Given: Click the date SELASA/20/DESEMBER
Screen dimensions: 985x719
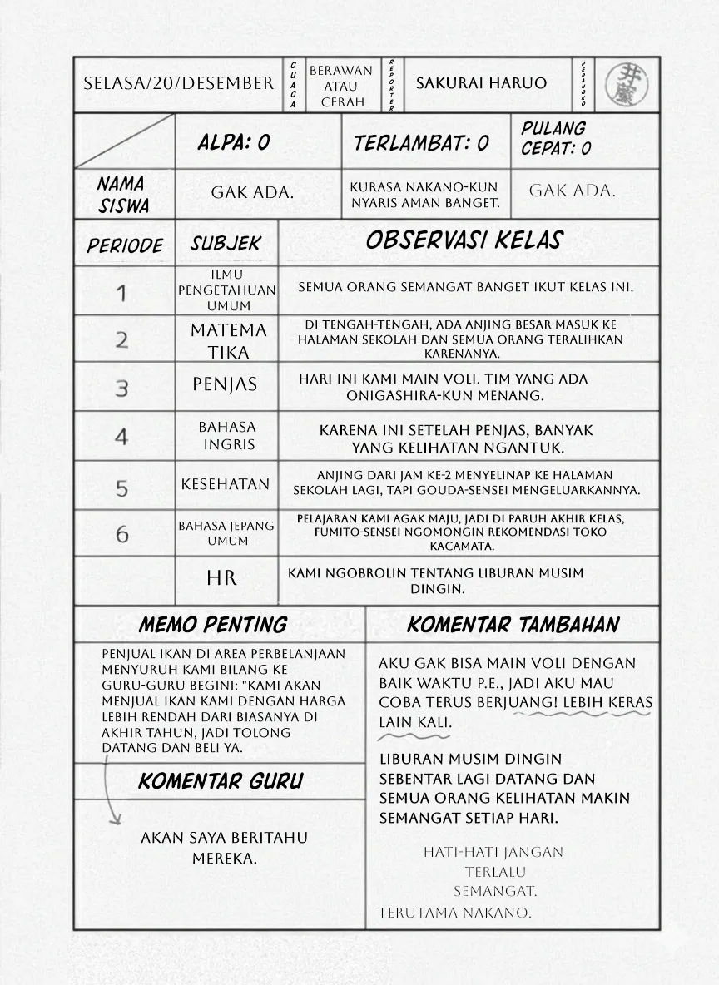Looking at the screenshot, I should (179, 83).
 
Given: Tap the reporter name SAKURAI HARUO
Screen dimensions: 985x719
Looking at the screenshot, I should (481, 83).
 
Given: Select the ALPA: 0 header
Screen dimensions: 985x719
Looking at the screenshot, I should (234, 142).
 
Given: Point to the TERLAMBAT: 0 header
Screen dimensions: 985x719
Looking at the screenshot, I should (421, 143).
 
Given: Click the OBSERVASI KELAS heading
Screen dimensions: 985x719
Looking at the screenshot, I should (464, 240).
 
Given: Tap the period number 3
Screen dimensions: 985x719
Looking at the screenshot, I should (122, 389).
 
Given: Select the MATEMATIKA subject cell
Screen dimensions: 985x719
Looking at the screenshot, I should (228, 340).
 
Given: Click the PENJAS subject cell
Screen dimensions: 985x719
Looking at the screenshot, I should (225, 384).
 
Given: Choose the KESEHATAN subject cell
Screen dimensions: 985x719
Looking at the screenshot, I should (226, 484).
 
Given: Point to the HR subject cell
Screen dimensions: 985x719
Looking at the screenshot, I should (221, 577).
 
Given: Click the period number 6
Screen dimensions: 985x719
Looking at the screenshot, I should (122, 533).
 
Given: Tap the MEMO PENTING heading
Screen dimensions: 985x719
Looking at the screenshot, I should (212, 625).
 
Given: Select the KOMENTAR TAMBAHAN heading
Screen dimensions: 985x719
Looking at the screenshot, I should (513, 625).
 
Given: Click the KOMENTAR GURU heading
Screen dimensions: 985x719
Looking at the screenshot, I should (221, 781).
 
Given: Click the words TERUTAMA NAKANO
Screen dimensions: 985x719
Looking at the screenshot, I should (454, 913).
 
